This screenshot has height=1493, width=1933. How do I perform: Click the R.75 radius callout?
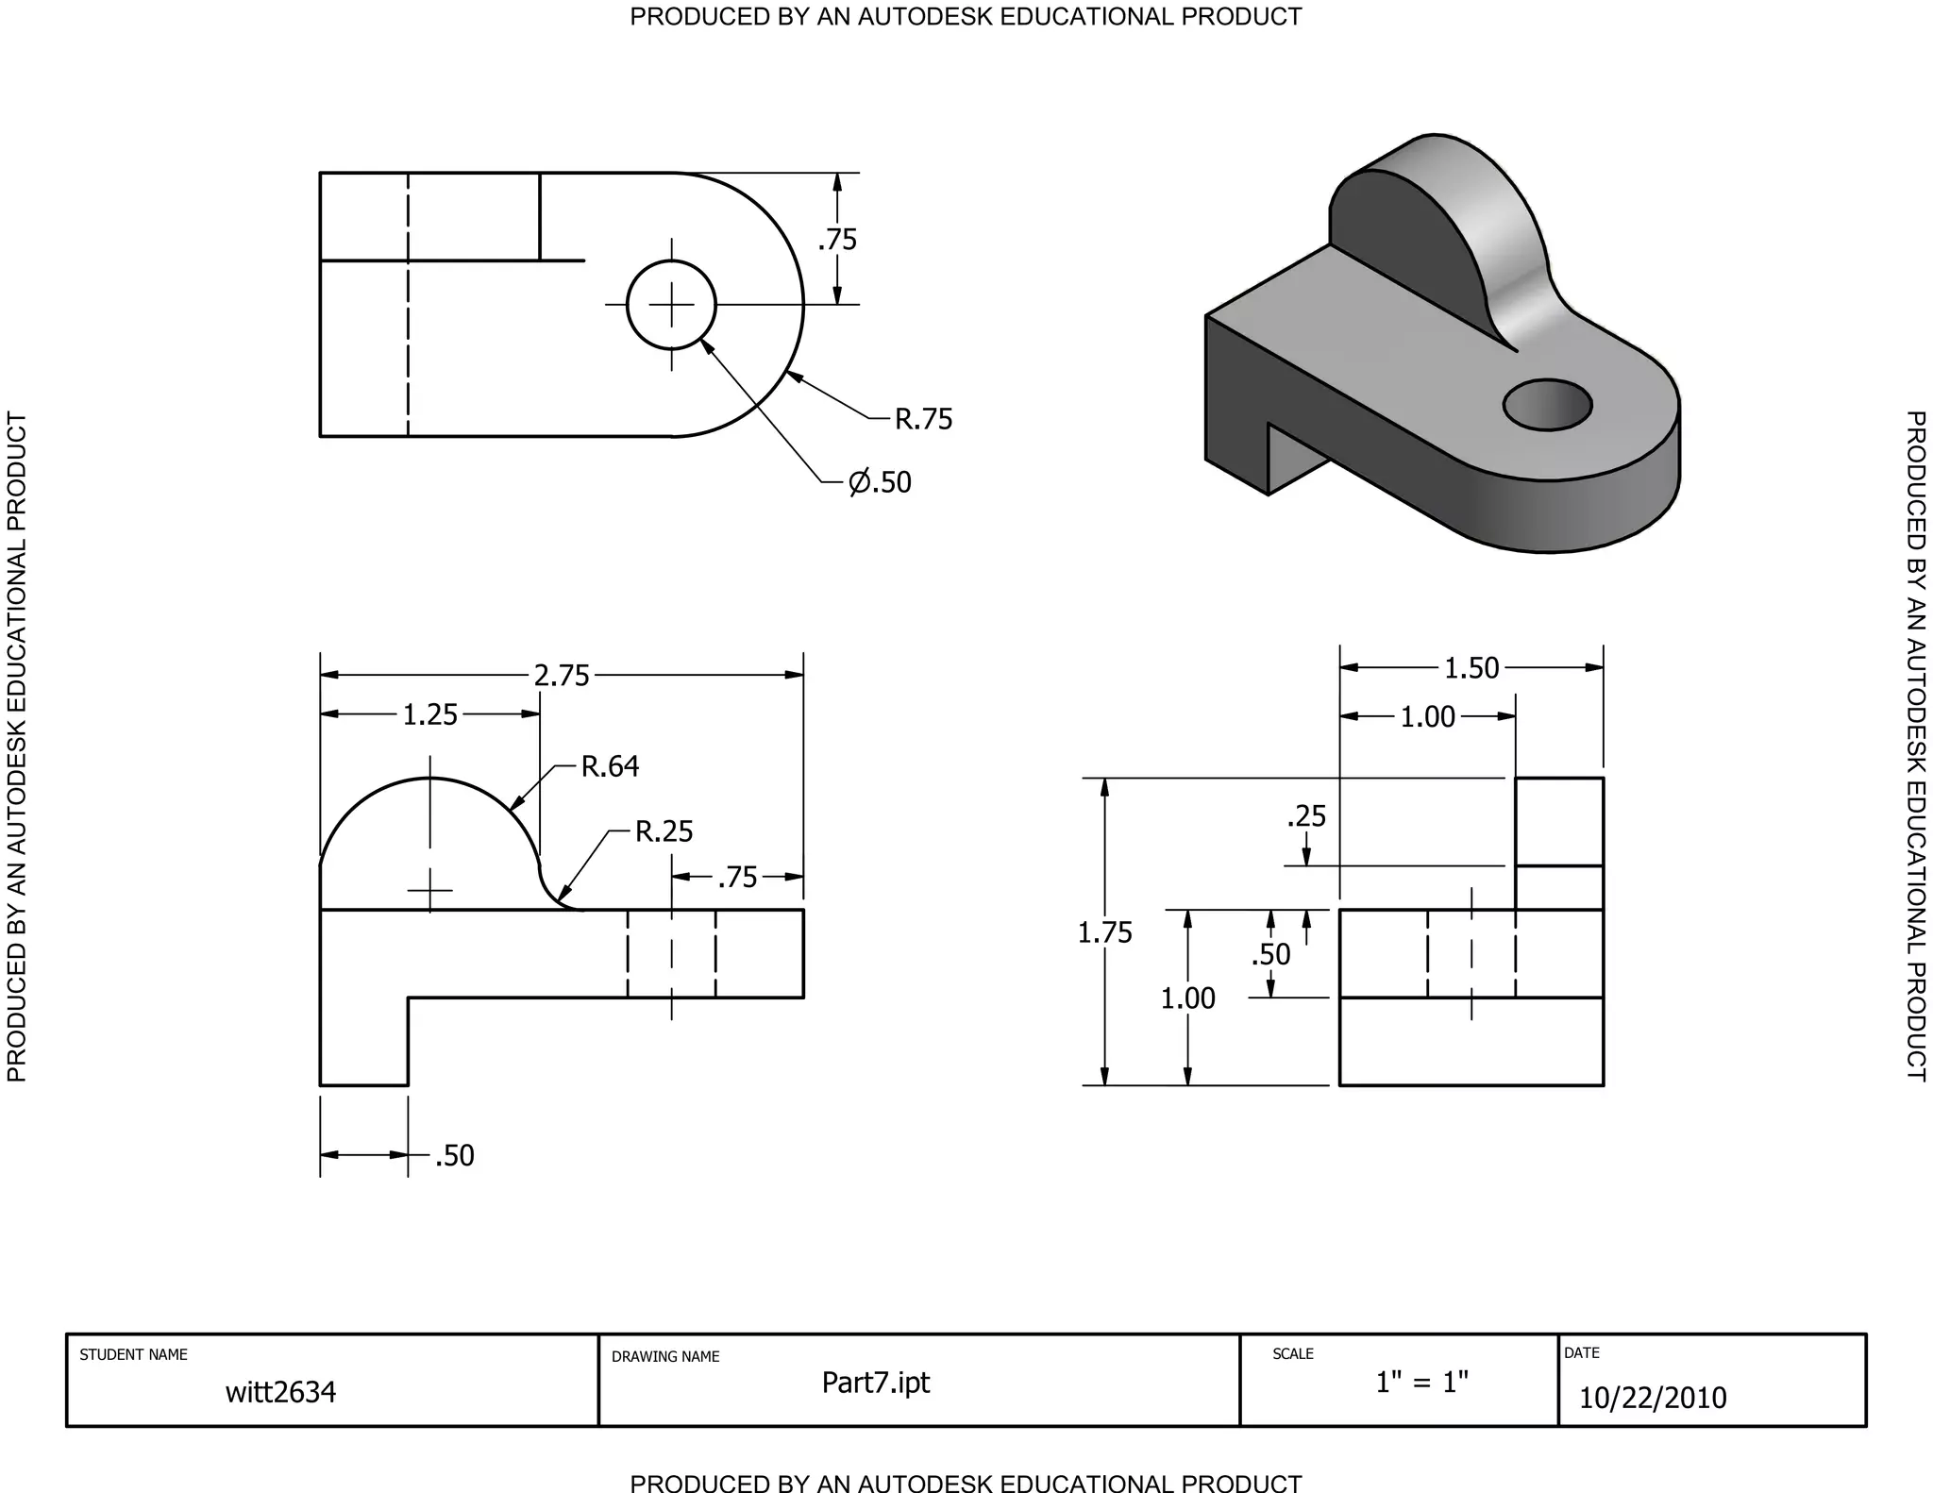pyautogui.click(x=923, y=419)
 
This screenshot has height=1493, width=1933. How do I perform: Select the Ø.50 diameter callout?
pyautogui.click(x=880, y=482)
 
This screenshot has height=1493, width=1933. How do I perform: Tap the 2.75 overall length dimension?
pyautogui.click(x=562, y=676)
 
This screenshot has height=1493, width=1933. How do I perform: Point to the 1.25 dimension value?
pyautogui.click(x=429, y=715)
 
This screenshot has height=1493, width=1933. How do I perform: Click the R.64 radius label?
pyautogui.click(x=610, y=766)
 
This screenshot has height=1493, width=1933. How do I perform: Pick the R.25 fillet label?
pyautogui.click(x=664, y=831)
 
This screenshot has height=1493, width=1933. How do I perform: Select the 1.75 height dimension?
pyautogui.click(x=1104, y=932)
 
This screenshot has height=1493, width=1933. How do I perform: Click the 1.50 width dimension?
pyautogui.click(x=1471, y=668)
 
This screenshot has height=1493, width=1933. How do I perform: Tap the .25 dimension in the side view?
pyautogui.click(x=1306, y=816)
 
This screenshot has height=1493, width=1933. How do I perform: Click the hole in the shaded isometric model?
pyautogui.click(x=1547, y=405)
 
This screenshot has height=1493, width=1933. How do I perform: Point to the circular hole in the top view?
pyautogui.click(x=671, y=305)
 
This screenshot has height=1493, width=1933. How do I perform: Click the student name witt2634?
pyautogui.click(x=280, y=1392)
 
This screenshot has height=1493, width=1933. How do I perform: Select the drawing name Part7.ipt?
pyautogui.click(x=875, y=1383)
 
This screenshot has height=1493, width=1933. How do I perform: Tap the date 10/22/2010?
pyautogui.click(x=1652, y=1398)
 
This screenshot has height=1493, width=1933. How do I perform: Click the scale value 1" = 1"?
pyautogui.click(x=1421, y=1383)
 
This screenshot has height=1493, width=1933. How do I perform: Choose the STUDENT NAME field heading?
pyautogui.click(x=133, y=1355)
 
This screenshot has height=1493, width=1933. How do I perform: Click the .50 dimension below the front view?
pyautogui.click(x=454, y=1156)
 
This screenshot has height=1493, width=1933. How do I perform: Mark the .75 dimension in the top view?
pyautogui.click(x=837, y=240)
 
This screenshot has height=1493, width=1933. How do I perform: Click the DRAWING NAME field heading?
pyautogui.click(x=665, y=1357)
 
